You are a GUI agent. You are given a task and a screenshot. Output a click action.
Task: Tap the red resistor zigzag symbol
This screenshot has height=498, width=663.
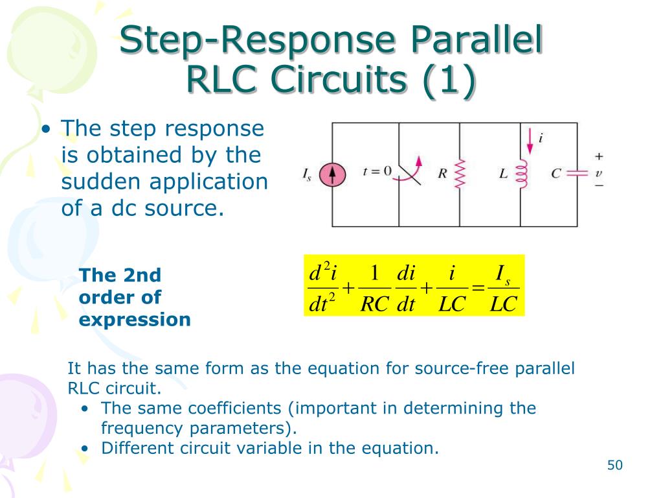pyautogui.click(x=460, y=174)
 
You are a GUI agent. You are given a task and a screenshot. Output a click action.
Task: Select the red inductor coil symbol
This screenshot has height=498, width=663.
pyautogui.click(x=522, y=174)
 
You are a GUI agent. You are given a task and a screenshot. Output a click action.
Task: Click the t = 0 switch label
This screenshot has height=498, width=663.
pyautogui.click(x=377, y=171)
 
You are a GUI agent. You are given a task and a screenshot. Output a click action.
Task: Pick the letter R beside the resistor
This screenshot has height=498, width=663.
pyautogui.click(x=443, y=174)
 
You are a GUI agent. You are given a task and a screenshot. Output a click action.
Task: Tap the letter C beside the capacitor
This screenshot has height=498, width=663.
pyautogui.click(x=556, y=174)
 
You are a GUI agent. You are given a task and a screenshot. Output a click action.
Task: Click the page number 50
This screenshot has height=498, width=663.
pyautogui.click(x=614, y=465)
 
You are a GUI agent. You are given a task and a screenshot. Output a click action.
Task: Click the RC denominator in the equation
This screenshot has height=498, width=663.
pyautogui.click(x=374, y=304)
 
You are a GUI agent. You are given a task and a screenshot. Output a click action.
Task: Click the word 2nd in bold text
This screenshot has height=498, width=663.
pyautogui.click(x=142, y=275)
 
